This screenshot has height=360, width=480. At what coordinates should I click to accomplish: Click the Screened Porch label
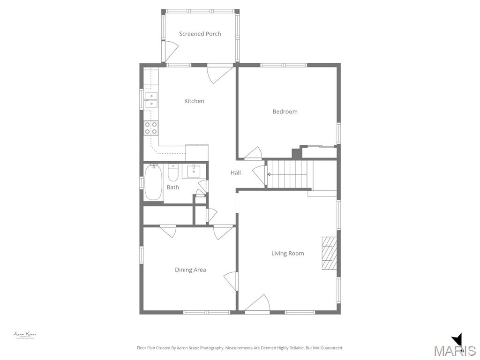pos(200,34)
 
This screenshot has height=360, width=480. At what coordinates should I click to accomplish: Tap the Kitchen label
pos(194,101)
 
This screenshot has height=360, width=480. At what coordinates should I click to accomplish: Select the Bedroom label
pos(285,112)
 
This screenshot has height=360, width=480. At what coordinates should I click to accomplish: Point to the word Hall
pos(235,172)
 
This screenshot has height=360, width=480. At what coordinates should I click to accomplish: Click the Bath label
pos(172,187)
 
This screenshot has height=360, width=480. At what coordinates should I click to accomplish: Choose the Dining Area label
pos(190,270)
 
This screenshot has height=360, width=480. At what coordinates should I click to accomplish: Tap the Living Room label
pos(288,253)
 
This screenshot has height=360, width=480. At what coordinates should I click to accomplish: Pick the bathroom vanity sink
pos(193,172)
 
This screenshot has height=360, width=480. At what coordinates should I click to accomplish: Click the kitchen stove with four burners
pos(151,128)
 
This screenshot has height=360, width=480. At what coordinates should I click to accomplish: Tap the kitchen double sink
pos(151,99)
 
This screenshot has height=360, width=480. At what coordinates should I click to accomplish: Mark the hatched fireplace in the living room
pos(329,253)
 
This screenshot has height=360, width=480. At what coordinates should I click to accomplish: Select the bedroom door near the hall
pos(254,154)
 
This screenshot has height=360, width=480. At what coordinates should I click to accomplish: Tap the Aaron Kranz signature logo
pos(25,335)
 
